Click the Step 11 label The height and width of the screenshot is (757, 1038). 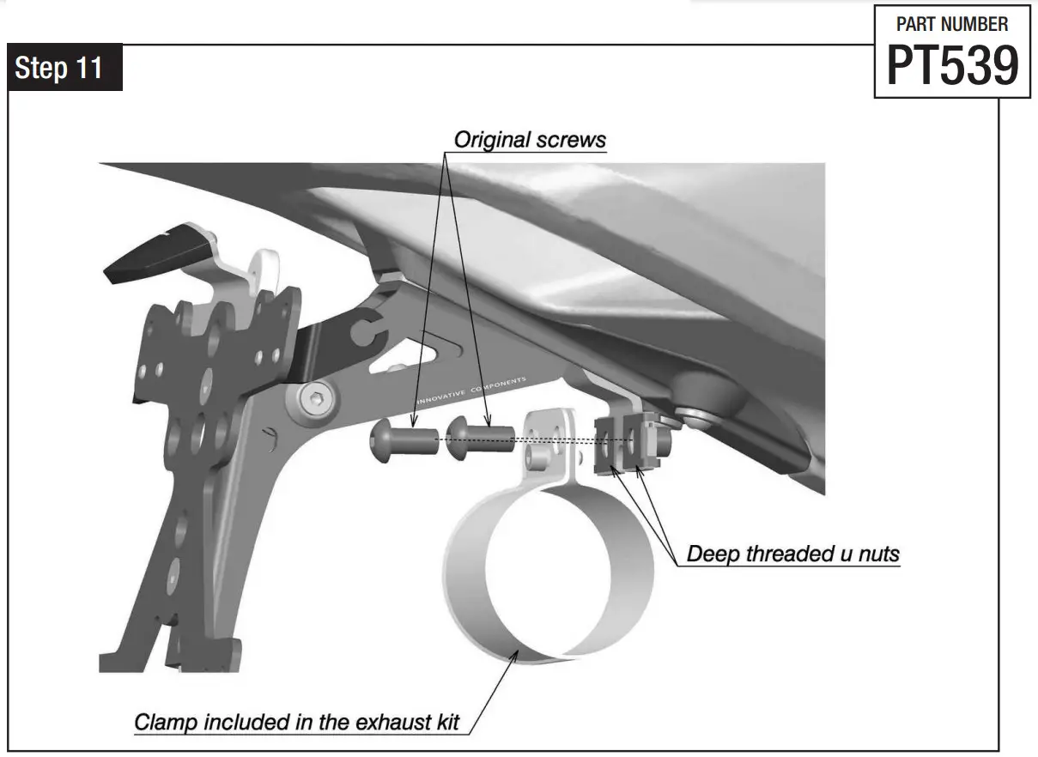coord(59,69)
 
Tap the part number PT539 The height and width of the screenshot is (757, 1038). coord(952,65)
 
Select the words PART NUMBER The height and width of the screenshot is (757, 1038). coord(952,24)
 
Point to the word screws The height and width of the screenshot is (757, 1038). coord(571,139)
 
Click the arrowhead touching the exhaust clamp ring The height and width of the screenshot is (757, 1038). coord(513,656)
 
